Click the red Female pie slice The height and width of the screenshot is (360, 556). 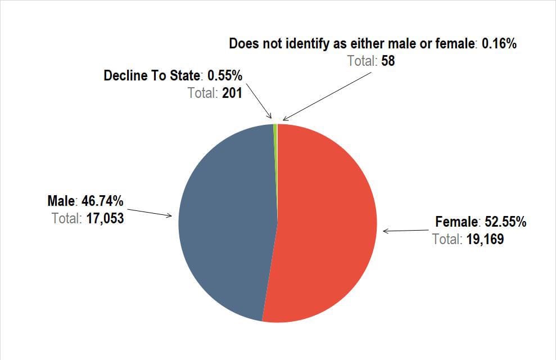[326, 225]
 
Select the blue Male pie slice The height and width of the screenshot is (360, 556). [225, 225]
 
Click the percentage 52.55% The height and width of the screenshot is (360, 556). [505, 222]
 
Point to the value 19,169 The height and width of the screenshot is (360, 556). [485, 240]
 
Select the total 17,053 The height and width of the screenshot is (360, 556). [105, 218]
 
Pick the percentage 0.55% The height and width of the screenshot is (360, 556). [225, 75]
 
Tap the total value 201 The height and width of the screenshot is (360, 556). [232, 93]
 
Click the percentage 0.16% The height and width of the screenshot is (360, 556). [499, 44]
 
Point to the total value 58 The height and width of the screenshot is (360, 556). [388, 61]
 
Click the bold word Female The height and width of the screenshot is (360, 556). [456, 222]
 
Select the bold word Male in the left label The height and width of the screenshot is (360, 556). [61, 201]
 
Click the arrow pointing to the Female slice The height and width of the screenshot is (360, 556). [405, 231]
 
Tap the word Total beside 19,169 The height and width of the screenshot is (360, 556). [447, 240]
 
